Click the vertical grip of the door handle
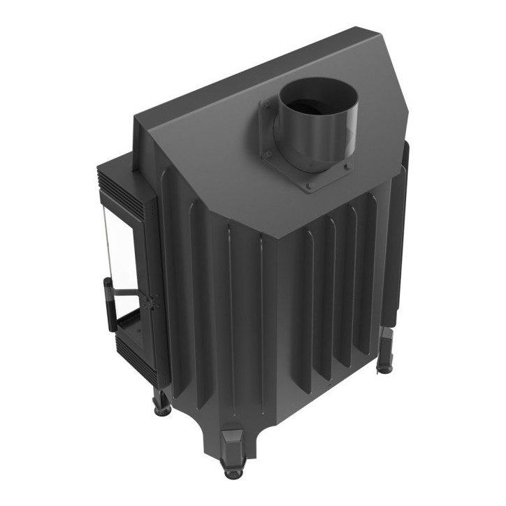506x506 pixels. pos(108,304)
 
